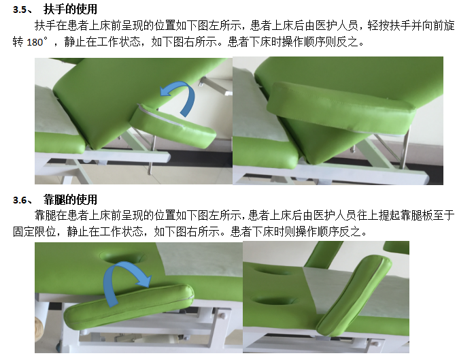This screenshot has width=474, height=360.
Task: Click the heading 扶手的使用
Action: [71, 9]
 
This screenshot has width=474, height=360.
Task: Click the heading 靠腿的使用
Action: [71, 199]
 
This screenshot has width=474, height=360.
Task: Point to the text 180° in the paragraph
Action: [37, 42]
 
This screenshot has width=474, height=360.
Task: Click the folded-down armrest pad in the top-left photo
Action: [173, 125]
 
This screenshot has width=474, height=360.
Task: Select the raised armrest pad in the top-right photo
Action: [340, 108]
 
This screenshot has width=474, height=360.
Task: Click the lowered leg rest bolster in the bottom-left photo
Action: [129, 307]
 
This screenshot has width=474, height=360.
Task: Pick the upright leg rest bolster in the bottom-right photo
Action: [354, 297]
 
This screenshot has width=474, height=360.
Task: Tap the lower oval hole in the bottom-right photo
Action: [273, 301]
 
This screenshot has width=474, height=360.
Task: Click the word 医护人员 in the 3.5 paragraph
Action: [337, 26]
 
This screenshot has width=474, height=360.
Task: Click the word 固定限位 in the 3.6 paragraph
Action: [34, 232]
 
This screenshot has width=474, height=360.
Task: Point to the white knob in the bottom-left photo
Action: [223, 316]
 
